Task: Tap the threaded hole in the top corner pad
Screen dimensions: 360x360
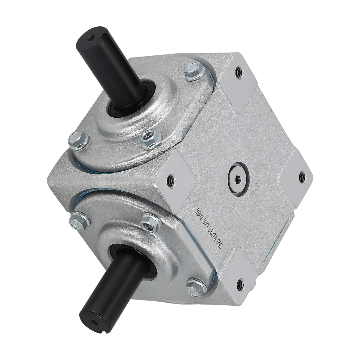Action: pyautogui.click(x=238, y=73)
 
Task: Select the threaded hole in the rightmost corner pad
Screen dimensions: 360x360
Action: pyautogui.click(x=302, y=177)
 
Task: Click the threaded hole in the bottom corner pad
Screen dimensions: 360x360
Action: pyautogui.click(x=240, y=285)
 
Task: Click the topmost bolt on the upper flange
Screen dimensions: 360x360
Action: pyautogui.click(x=195, y=71)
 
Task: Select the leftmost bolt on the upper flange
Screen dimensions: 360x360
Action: pyautogui.click(x=78, y=140)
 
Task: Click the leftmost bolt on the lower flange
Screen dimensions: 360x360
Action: pyautogui.click(x=80, y=220)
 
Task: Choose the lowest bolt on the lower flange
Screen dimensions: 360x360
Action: pyautogui.click(x=196, y=287)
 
